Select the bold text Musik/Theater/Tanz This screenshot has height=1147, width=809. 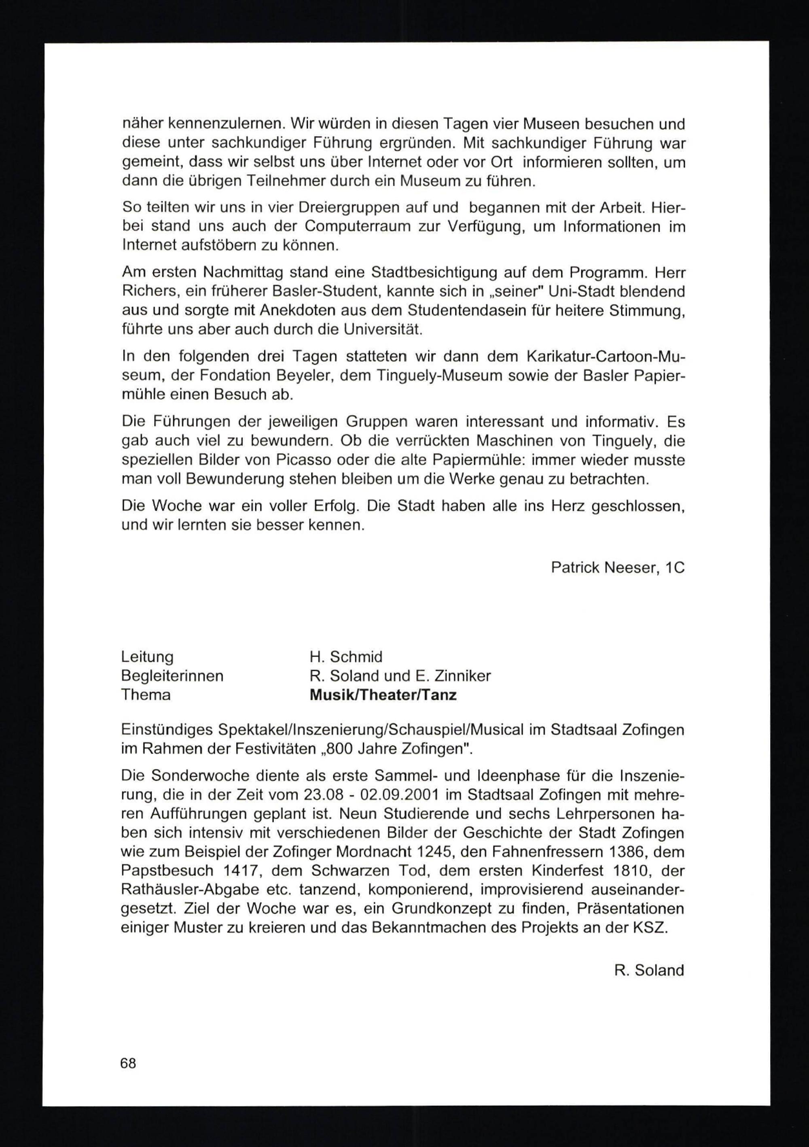coord(383,695)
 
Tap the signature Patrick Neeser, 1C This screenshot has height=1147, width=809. coord(617,567)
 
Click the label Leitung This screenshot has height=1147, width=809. coord(147,657)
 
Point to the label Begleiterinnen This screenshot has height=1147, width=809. coord(172,676)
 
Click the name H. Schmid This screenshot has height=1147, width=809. coord(346,657)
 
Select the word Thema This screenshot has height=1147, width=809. coord(146,695)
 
